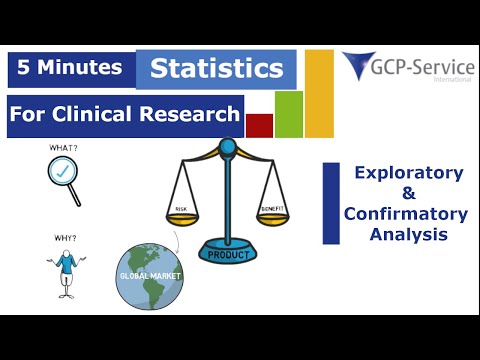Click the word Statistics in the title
[216, 70]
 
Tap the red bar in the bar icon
[259, 125]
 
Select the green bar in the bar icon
[288, 114]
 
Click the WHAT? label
[64, 149]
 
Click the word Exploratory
[409, 173]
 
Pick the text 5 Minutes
[71, 68]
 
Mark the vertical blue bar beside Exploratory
[330, 204]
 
